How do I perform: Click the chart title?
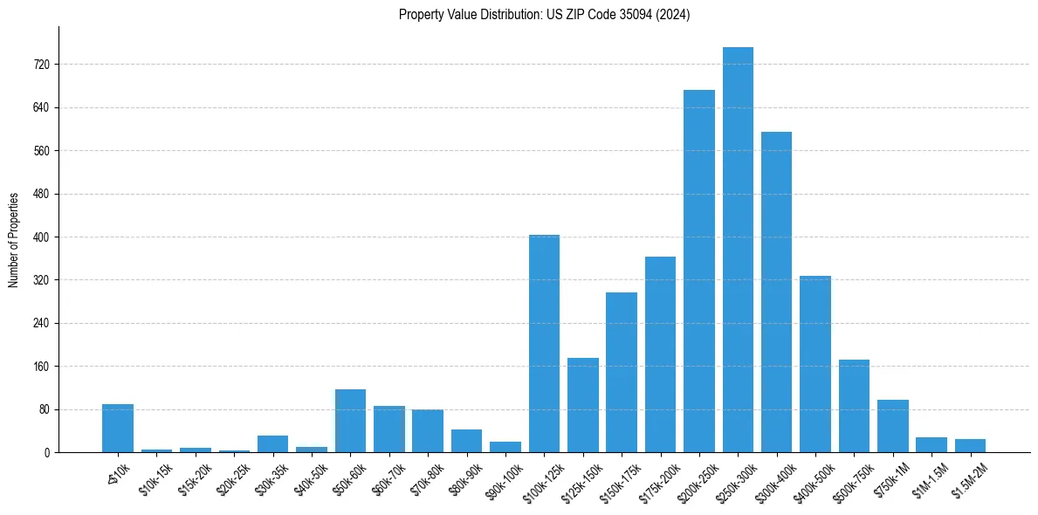point(544,15)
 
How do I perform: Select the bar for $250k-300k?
point(738,250)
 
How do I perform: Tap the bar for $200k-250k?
point(698,271)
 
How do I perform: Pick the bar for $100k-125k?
point(544,343)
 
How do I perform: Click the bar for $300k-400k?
point(776,292)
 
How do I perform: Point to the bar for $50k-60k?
point(350,421)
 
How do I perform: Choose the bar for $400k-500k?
point(815,364)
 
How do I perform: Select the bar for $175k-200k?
point(660,354)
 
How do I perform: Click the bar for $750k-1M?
point(892,426)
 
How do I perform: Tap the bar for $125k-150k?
point(582,405)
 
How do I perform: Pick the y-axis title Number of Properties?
point(14,239)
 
